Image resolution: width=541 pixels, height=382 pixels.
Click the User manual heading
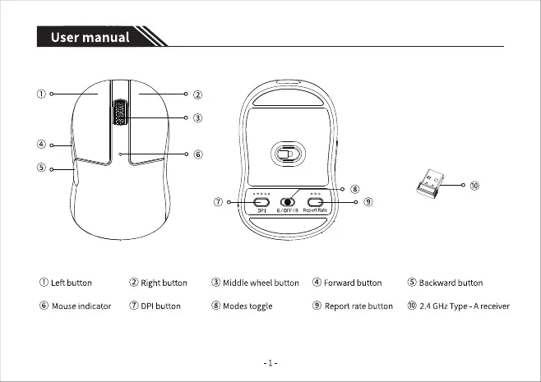(90, 37)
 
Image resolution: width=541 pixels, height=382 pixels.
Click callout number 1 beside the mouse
(39, 94)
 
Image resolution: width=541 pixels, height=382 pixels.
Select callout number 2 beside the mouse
(198, 95)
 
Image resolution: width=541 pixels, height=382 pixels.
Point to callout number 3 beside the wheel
(198, 118)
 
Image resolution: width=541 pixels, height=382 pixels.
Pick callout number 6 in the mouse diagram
(198, 154)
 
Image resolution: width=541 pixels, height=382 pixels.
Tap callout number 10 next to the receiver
(475, 185)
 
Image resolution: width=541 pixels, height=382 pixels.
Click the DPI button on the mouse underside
(261, 202)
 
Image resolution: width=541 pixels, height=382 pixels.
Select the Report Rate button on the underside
(316, 202)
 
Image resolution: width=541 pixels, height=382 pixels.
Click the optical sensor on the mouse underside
(285, 154)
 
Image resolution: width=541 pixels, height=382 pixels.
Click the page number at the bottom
(270, 362)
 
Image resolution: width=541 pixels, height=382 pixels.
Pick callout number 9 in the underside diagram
(369, 202)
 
